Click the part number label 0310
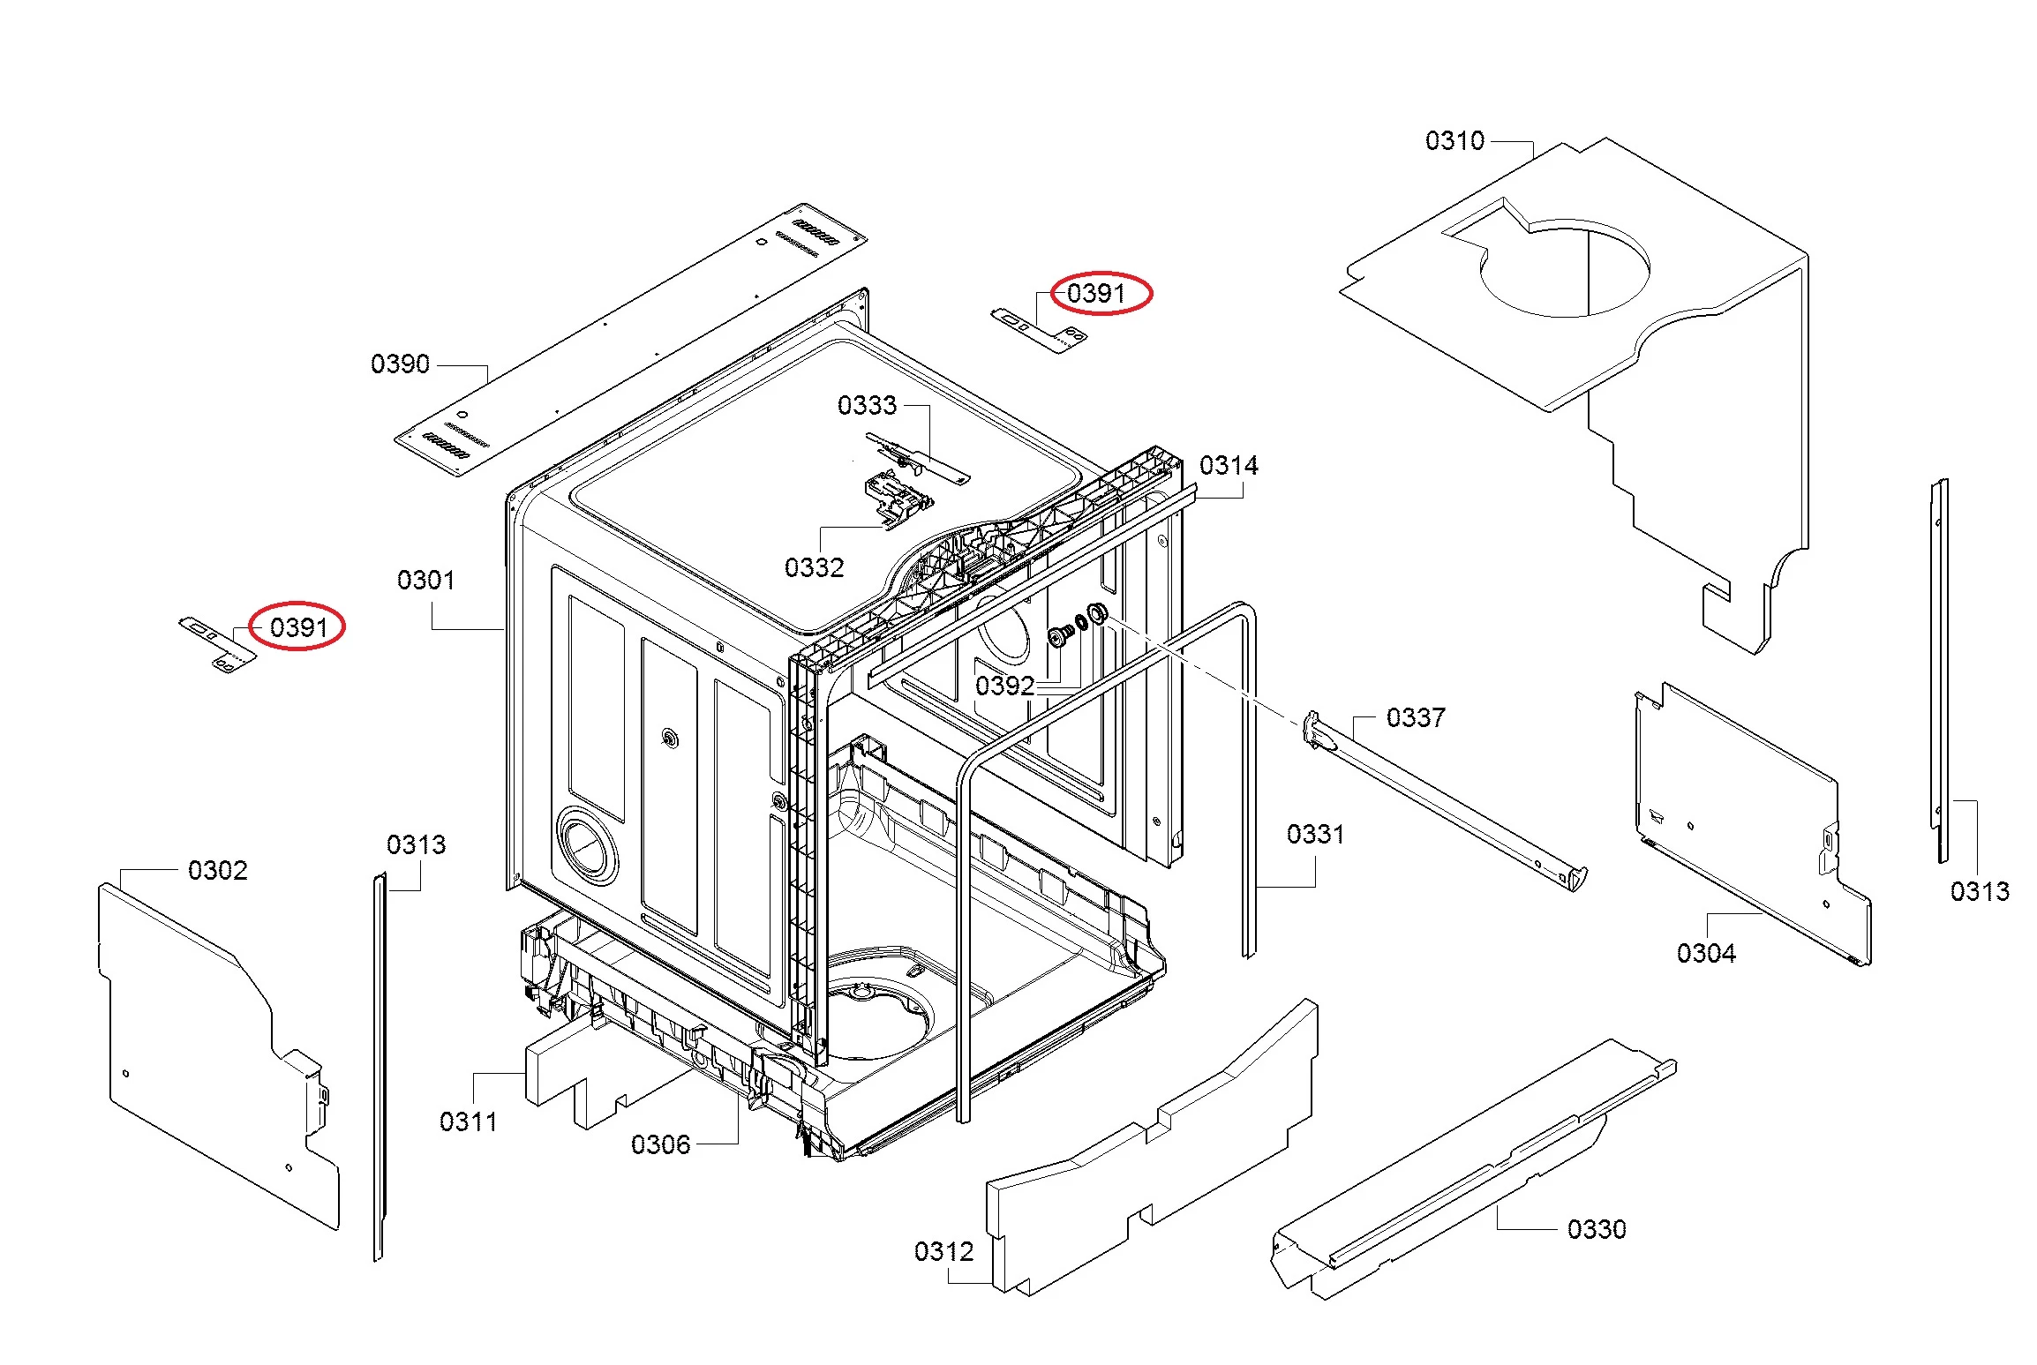click(1454, 141)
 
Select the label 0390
click(400, 364)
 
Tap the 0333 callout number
click(867, 406)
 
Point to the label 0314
click(1229, 466)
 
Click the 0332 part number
click(814, 567)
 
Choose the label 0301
click(426, 581)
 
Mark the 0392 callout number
click(1004, 686)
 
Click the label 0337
click(1416, 718)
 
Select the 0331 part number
click(1315, 835)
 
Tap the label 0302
click(218, 871)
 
